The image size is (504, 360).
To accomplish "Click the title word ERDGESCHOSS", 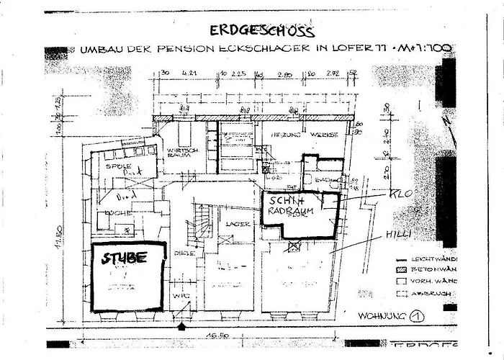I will tap(262, 30).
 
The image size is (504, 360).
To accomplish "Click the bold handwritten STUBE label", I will tap(124, 258).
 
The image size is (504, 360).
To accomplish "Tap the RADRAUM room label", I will tap(297, 212).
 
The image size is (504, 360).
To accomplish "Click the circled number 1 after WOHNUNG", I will tap(415, 315).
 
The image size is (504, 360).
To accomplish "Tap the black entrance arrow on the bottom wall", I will tap(181, 326).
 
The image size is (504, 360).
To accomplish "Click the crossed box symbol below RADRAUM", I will tap(293, 246).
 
